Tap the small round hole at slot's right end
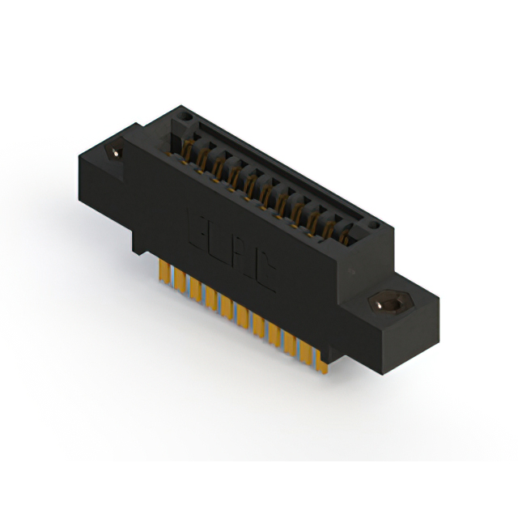pos(373,223)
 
